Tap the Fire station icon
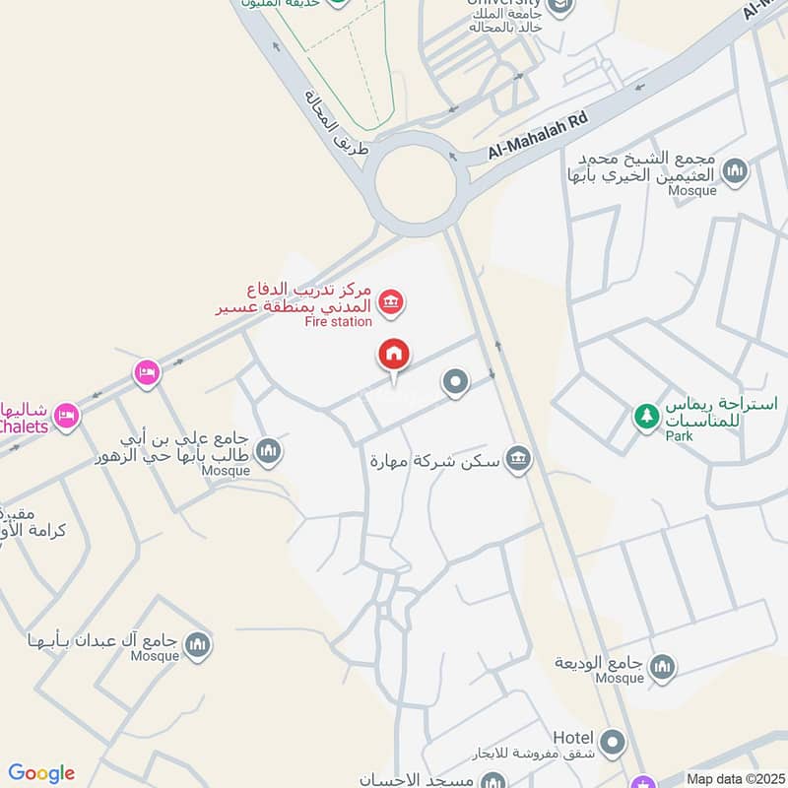(x=391, y=301)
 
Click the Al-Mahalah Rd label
(x=539, y=136)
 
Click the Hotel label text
(x=572, y=738)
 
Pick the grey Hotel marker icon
(x=613, y=741)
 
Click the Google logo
(x=41, y=773)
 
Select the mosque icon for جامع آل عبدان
(x=198, y=645)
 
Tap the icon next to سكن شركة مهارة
(x=517, y=458)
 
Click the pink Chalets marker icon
(x=65, y=415)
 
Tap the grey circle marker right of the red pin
(x=455, y=381)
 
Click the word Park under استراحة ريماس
(x=679, y=435)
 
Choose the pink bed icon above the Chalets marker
(x=147, y=372)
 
